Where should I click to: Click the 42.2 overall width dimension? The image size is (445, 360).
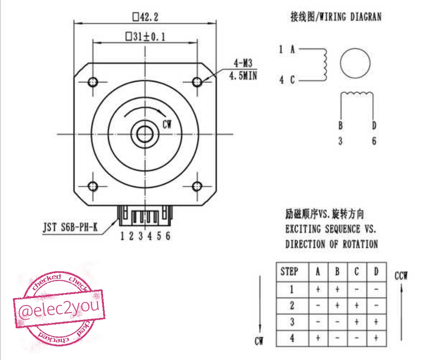[x=146, y=17]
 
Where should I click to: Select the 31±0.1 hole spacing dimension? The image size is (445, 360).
[x=146, y=37]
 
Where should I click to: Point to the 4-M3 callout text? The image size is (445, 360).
[x=243, y=64]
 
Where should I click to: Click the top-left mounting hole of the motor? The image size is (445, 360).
[x=93, y=81]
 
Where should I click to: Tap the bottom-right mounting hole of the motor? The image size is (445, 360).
[x=198, y=186]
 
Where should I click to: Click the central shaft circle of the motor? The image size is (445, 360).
[x=145, y=133]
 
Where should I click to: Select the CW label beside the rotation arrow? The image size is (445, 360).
[x=167, y=123]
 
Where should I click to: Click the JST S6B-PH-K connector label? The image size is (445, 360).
[x=71, y=227]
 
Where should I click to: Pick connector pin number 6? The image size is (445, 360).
[x=168, y=236]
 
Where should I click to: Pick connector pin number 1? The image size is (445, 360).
[x=122, y=236]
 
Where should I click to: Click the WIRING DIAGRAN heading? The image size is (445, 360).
[x=336, y=17]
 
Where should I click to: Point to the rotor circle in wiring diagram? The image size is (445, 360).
[x=355, y=64]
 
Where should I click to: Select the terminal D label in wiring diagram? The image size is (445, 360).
[x=374, y=126]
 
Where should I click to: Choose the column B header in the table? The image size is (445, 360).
[x=337, y=272]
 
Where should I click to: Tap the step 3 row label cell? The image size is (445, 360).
[x=292, y=322]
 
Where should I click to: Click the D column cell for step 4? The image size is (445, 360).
[x=376, y=339]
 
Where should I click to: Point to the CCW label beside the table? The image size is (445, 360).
[x=401, y=276]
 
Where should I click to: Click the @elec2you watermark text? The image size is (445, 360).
[x=59, y=309]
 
